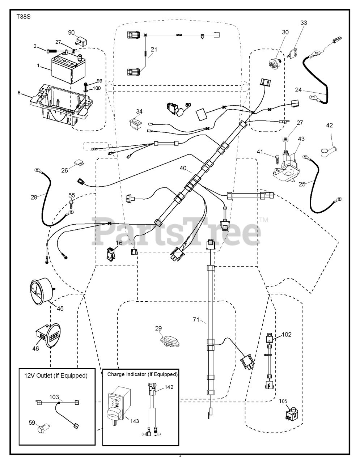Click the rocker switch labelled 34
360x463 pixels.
136,123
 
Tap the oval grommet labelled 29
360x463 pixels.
170,341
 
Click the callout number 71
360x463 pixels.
196,319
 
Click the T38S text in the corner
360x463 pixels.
23,17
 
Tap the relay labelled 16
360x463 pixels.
109,253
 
